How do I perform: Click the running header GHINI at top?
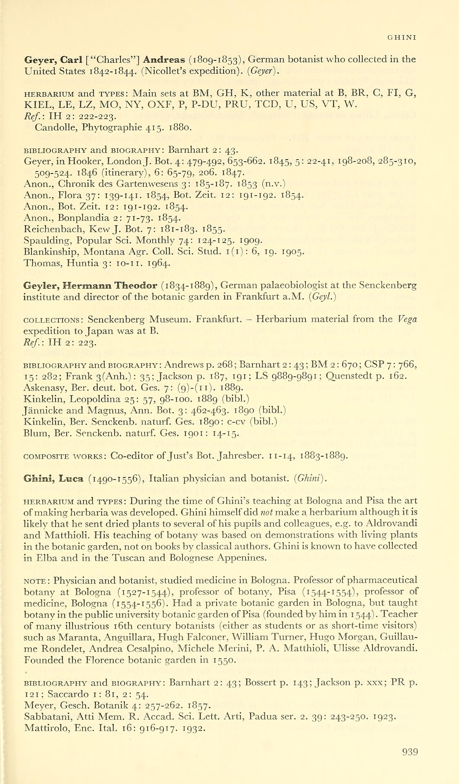tap(401, 38)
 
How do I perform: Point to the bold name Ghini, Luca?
tap(54, 479)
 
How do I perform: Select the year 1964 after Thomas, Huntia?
tap(159, 264)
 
